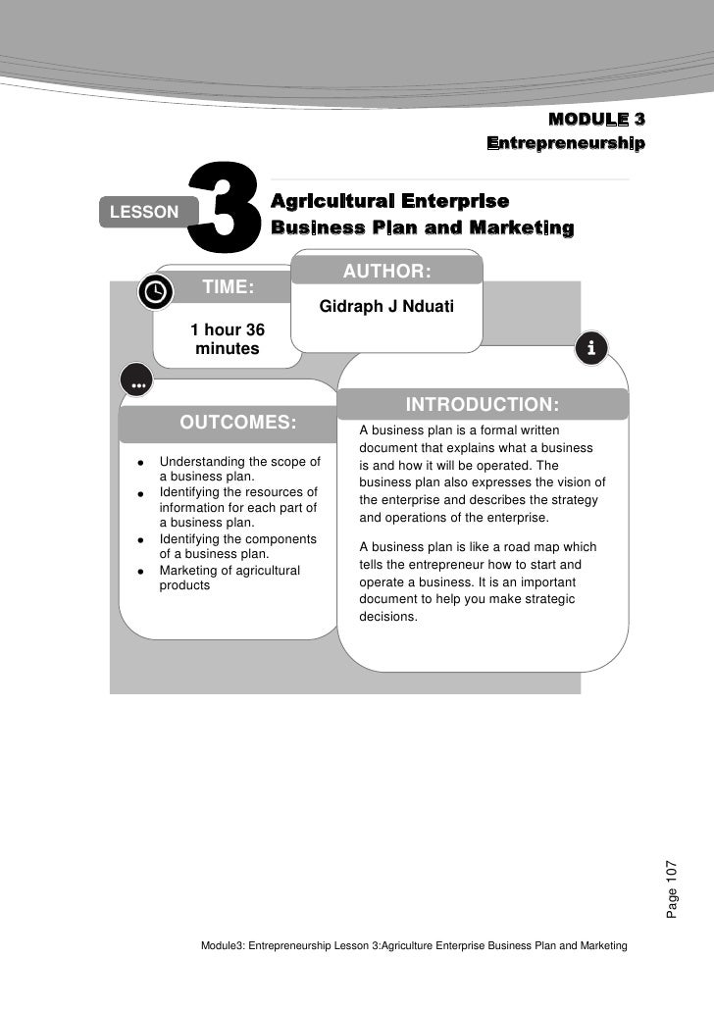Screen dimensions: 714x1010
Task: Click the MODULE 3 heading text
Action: (596, 121)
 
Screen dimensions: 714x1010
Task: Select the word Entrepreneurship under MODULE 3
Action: (566, 144)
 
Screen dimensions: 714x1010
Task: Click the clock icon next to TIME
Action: (155, 291)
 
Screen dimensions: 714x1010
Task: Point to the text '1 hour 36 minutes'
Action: (228, 338)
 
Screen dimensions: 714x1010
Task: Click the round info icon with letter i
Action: (591, 348)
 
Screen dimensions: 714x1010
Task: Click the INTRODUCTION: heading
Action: (483, 405)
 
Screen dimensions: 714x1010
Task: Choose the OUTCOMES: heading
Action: (237, 423)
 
